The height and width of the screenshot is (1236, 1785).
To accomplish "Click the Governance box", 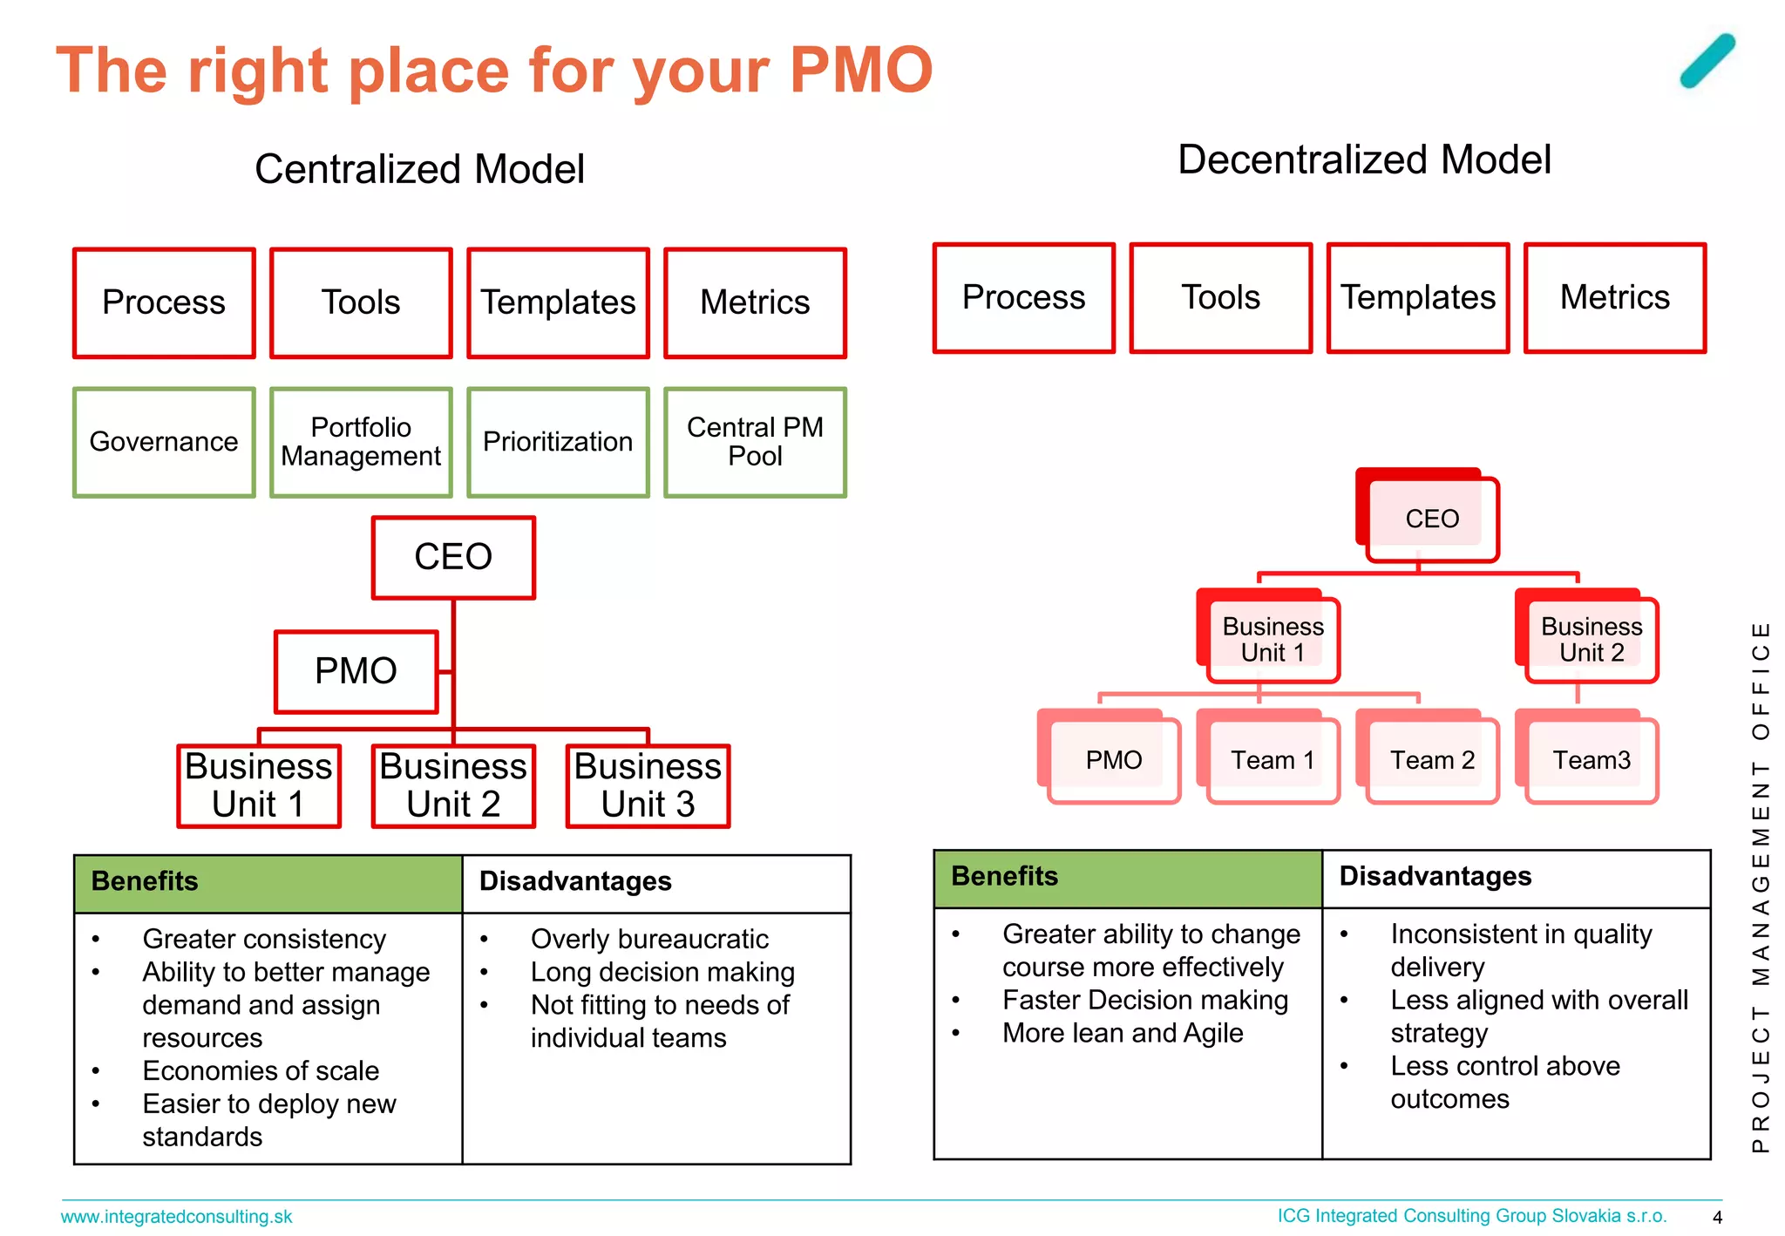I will (164, 442).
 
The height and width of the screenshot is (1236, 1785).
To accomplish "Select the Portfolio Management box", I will (361, 442).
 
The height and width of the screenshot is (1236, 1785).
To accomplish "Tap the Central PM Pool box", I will (755, 442).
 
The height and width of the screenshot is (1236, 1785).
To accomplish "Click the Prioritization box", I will (558, 442).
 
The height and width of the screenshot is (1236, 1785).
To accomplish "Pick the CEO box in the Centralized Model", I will (453, 558).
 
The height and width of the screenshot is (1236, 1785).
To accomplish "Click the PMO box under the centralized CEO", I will (356, 671).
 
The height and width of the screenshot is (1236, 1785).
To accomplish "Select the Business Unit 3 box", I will (648, 785).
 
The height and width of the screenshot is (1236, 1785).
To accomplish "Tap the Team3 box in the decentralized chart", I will (1591, 760).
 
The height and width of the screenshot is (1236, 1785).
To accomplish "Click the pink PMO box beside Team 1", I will (1113, 760).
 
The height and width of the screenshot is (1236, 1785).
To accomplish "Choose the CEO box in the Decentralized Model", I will (1431, 519).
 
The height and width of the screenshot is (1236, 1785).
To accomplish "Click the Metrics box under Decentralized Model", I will (1614, 298).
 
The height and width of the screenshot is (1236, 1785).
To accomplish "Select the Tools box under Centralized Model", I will (361, 302).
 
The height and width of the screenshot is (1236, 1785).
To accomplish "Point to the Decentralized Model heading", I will (1364, 160).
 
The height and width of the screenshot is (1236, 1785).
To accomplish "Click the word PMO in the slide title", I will (861, 70).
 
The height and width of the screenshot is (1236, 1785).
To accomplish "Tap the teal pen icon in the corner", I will (1707, 61).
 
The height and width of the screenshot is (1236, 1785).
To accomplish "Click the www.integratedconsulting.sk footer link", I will (176, 1217).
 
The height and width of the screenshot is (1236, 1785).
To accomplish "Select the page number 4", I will (1717, 1218).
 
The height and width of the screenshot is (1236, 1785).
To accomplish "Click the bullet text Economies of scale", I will (261, 1071).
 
